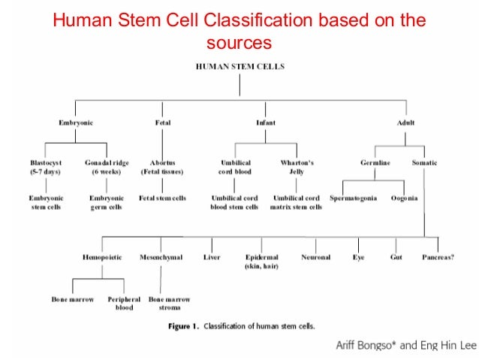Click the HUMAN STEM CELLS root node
pyautogui.click(x=239, y=66)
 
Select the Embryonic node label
pyautogui.click(x=76, y=123)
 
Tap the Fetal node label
pyautogui.click(x=162, y=123)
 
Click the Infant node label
pyautogui.click(x=265, y=123)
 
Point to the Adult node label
pyautogui.click(x=405, y=123)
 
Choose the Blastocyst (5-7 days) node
pyautogui.click(x=46, y=166)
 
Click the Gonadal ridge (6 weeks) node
pyautogui.click(x=107, y=166)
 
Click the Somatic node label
pyautogui.click(x=424, y=162)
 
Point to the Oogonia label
pyautogui.click(x=404, y=198)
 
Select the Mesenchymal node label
pyautogui.click(x=161, y=257)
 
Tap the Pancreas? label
pyautogui.click(x=438, y=257)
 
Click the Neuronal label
pyautogui.click(x=315, y=257)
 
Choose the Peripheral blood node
pyautogui.click(x=124, y=303)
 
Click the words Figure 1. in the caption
pyautogui.click(x=181, y=326)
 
